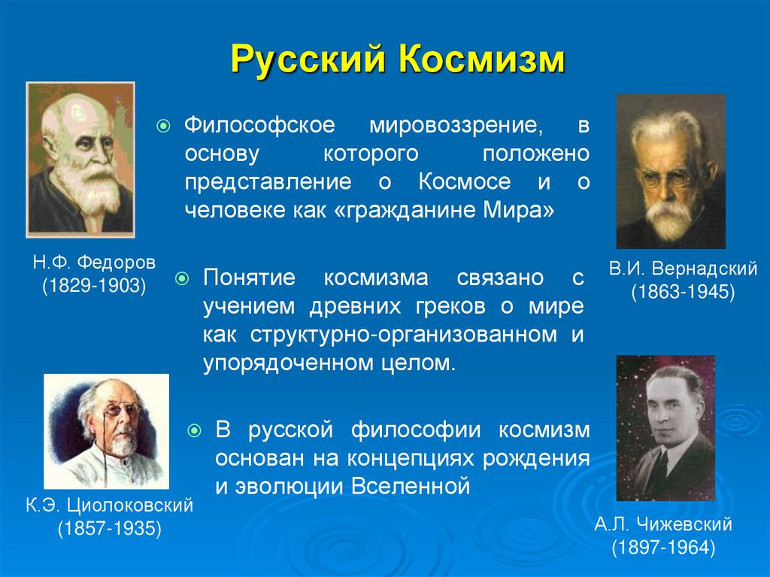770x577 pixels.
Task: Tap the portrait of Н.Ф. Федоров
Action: pos(80,159)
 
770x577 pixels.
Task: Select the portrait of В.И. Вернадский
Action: pos(671,171)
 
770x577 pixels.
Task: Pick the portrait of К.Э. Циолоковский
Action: pos(106,431)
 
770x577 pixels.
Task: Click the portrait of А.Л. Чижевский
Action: pos(665,427)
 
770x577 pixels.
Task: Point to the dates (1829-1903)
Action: pos(93,286)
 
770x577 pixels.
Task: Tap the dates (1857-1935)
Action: pos(110,528)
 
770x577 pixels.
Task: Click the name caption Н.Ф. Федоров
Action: pos(93,264)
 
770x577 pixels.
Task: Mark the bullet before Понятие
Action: pos(183,279)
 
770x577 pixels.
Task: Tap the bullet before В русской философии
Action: pos(196,431)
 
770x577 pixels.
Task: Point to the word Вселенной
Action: pos(411,485)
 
